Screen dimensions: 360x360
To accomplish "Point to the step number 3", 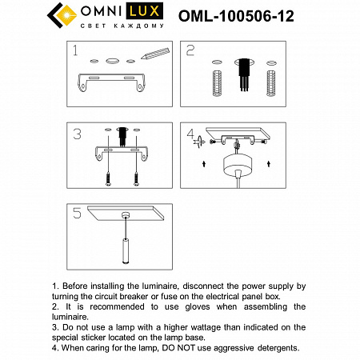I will click(77, 134).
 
